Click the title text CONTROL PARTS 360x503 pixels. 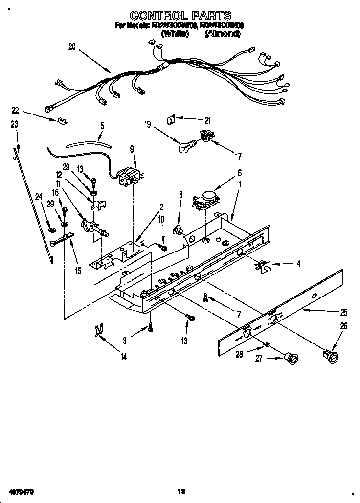click(180, 16)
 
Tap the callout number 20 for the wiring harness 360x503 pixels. click(72, 47)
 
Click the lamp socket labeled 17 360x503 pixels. click(206, 137)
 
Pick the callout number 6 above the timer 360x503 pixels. click(240, 173)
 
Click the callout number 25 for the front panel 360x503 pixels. click(344, 312)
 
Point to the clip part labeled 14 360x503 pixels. click(100, 330)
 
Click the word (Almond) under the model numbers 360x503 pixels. click(223, 34)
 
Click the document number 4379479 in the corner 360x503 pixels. click(21, 491)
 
